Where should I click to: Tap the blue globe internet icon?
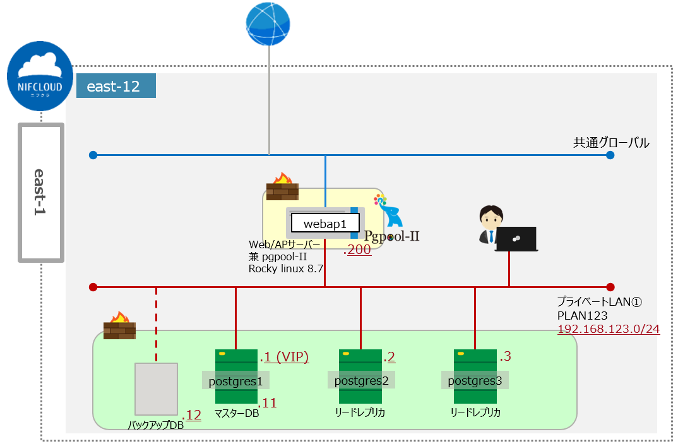pos(268,23)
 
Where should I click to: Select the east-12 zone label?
pos(116,87)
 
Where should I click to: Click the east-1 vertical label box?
pos(41,192)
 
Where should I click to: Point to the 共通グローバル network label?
pos(610,143)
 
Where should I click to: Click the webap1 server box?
pos(325,224)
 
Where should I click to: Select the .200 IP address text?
pos(357,250)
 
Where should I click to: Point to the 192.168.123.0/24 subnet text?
pos(608,328)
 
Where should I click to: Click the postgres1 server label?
pos(235,380)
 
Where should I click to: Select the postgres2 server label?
pos(360,380)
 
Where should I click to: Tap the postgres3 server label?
pos(475,380)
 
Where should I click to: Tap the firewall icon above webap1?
pos(282,188)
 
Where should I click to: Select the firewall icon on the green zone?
pos(119,326)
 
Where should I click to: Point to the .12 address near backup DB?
pos(192,416)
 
